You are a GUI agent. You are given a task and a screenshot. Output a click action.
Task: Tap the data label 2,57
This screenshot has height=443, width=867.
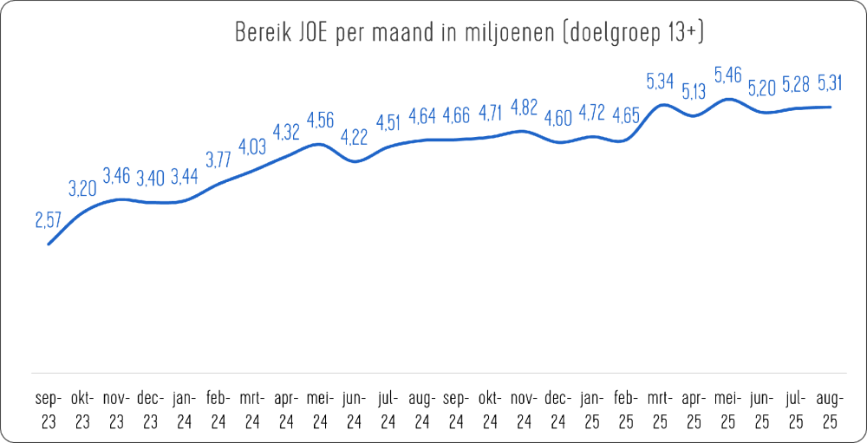[x=48, y=220]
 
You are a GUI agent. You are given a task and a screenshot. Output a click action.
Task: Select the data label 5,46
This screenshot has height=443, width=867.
[x=727, y=75]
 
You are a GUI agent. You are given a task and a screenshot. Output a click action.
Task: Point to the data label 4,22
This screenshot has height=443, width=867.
[x=354, y=138]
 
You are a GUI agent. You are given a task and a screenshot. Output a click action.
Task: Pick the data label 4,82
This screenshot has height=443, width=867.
[x=523, y=107]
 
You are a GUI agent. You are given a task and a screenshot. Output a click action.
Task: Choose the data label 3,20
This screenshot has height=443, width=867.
[x=82, y=189]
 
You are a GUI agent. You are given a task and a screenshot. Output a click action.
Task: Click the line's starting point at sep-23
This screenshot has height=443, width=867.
[x=49, y=244]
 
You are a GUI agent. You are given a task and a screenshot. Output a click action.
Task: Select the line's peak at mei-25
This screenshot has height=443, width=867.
[x=727, y=99]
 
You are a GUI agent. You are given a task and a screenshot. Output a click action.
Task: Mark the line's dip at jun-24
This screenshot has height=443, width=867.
[x=354, y=161]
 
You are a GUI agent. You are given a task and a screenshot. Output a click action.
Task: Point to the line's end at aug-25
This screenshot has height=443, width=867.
[x=830, y=107]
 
